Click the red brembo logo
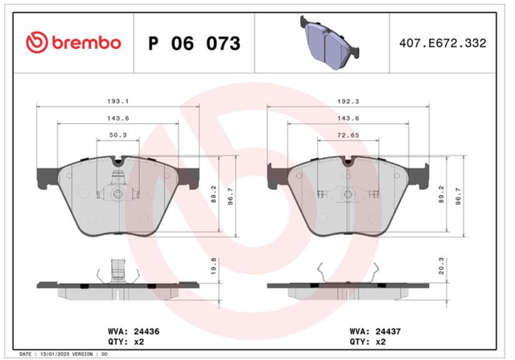[x=73, y=43]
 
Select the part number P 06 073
[x=195, y=43]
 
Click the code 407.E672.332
[x=443, y=43]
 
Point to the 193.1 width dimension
[x=118, y=101]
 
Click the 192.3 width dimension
[x=348, y=101]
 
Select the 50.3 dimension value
[x=118, y=134]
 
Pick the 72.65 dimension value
[x=348, y=134]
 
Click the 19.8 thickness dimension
[x=213, y=267]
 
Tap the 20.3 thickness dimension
[x=442, y=267]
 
